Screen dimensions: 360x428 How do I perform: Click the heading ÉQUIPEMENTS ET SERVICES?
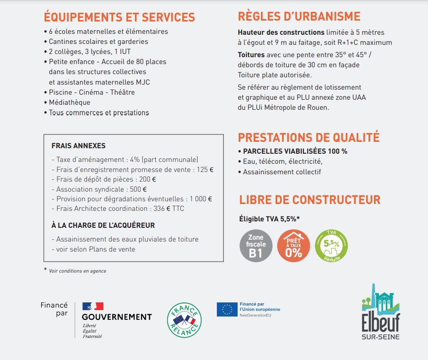pyautogui.click(x=119, y=17)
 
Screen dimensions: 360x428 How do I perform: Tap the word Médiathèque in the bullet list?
pyautogui.click(x=70, y=102)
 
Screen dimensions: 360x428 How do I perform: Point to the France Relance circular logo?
pyautogui.click(x=184, y=319)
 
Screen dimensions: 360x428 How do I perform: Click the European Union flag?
pyautogui.click(x=227, y=309)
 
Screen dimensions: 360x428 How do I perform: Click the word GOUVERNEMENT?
pyautogui.click(x=117, y=317)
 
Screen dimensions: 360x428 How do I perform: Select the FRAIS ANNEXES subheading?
pyautogui.click(x=78, y=146)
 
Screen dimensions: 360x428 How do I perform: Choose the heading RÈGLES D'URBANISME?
pyautogui.click(x=299, y=16)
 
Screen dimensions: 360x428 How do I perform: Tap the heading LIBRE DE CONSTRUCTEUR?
pyautogui.click(x=309, y=200)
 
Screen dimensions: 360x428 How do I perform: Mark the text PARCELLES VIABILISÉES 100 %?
pyautogui.click(x=295, y=151)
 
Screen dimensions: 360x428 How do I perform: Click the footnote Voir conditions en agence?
pyautogui.click(x=77, y=271)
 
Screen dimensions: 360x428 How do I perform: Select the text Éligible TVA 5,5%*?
pyautogui.click(x=269, y=219)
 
